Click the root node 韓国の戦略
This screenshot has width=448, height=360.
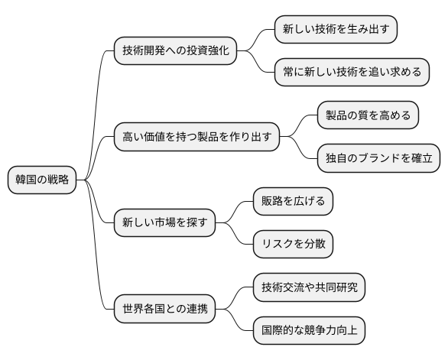click(x=42, y=180)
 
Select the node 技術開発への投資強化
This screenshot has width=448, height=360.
click(x=174, y=51)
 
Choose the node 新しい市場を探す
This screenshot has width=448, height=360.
click(x=164, y=224)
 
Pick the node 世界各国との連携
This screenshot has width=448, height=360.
click(x=164, y=310)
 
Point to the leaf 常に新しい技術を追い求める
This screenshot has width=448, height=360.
click(x=351, y=73)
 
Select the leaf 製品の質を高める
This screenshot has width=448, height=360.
click(x=368, y=116)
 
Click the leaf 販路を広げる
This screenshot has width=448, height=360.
click(x=294, y=203)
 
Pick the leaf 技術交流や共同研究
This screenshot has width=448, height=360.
click(x=309, y=289)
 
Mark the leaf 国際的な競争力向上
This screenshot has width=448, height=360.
click(x=309, y=332)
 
